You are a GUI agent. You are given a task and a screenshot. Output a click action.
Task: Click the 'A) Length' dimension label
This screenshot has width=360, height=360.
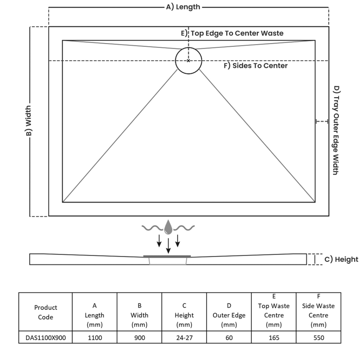tap(183, 7)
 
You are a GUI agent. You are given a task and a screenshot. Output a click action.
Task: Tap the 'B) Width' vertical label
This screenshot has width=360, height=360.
tap(28, 121)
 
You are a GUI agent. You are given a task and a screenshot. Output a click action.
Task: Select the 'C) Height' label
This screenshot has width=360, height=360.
tap(341, 259)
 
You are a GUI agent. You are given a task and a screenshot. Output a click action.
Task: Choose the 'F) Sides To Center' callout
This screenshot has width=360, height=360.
tap(256, 66)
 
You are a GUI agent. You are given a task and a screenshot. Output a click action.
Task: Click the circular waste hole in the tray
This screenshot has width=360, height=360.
tap(189, 60)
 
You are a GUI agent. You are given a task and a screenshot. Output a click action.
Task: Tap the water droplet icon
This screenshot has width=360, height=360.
tap(168, 227)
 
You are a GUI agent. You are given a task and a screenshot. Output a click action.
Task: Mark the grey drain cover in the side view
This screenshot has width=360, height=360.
tap(167, 256)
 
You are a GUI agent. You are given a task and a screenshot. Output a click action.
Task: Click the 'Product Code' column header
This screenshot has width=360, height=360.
tap(45, 312)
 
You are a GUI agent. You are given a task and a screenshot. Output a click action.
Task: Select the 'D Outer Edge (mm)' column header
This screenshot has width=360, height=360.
tap(229, 315)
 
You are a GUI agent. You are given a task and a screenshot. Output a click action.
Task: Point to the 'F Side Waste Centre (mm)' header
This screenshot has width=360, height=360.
tap(318, 310)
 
